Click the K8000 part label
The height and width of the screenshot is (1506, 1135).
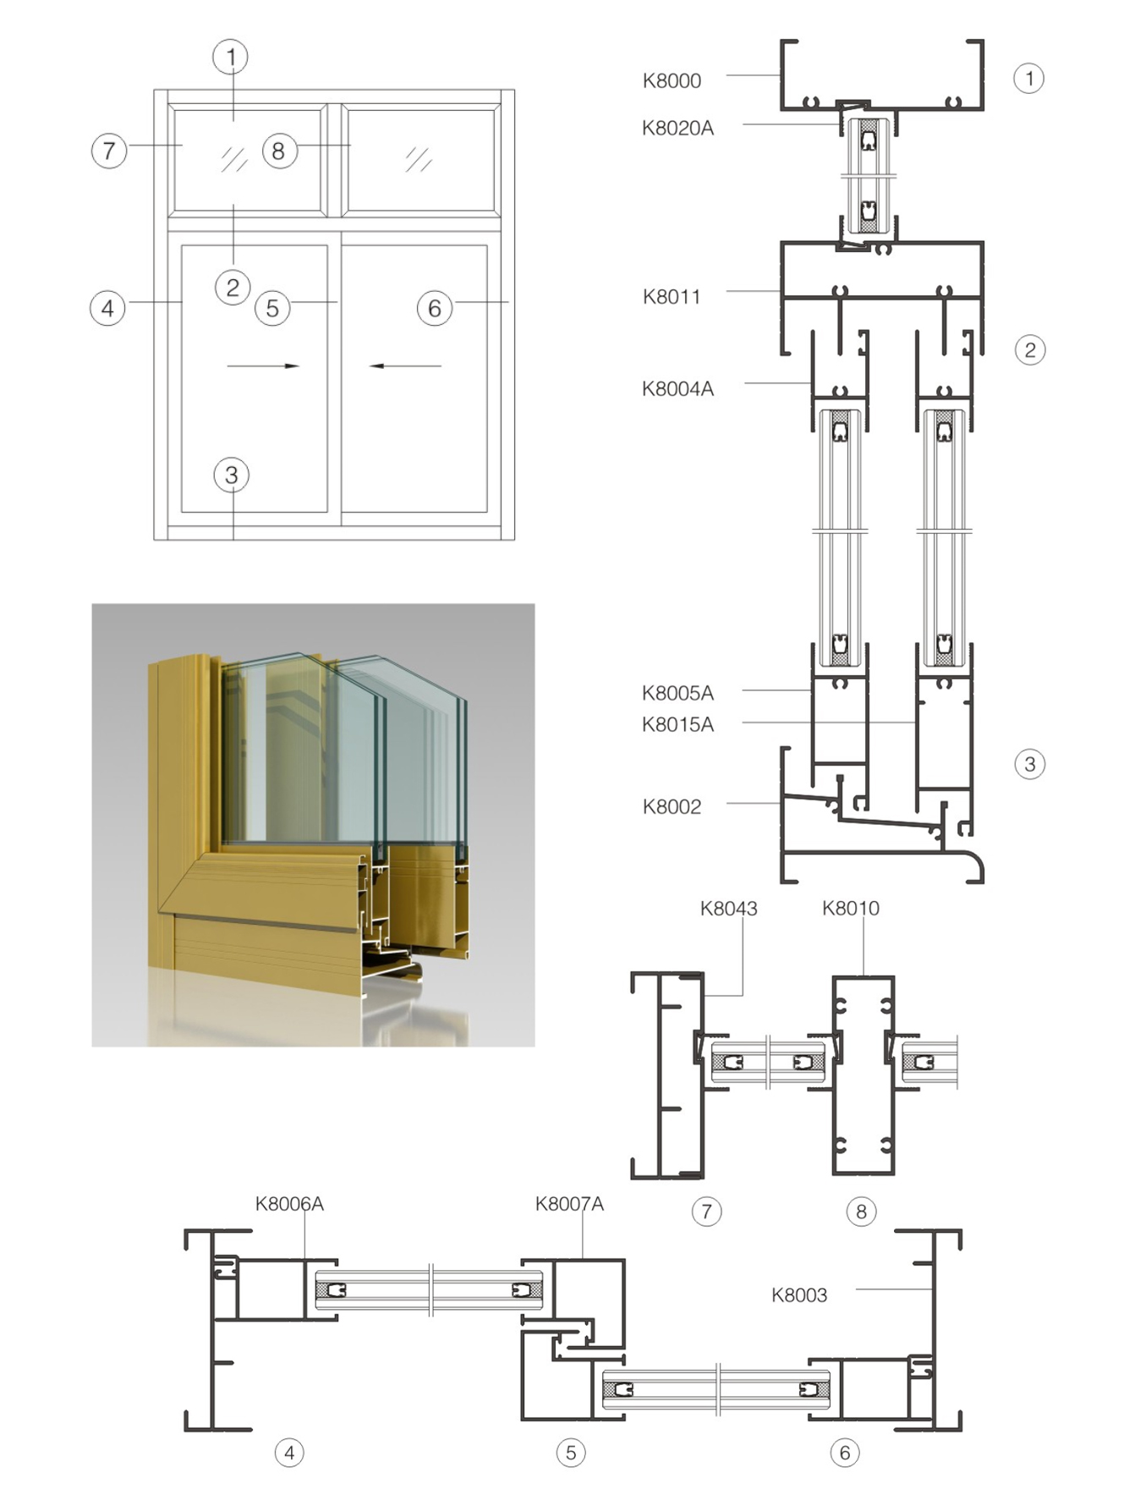pyautogui.click(x=672, y=80)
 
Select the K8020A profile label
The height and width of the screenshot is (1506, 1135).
pyautogui.click(x=677, y=128)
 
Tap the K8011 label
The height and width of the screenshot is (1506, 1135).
pyautogui.click(x=672, y=296)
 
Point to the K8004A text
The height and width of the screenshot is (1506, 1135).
pyautogui.click(x=677, y=388)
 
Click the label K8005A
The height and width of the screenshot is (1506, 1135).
pyautogui.click(x=677, y=693)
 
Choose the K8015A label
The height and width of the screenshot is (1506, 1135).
pyautogui.click(x=677, y=724)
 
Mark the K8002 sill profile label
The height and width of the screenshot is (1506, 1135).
pyautogui.click(x=672, y=806)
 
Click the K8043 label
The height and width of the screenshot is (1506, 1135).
pyautogui.click(x=728, y=908)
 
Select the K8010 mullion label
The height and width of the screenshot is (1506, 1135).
pyautogui.click(x=851, y=908)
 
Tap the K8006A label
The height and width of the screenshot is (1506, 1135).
pyautogui.click(x=289, y=1203)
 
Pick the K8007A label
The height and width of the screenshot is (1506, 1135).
pyautogui.click(x=569, y=1203)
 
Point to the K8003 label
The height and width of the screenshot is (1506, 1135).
pyautogui.click(x=799, y=1294)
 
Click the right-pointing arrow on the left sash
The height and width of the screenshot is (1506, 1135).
pyautogui.click(x=263, y=366)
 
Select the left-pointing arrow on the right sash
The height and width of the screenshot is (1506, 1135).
pyautogui.click(x=405, y=366)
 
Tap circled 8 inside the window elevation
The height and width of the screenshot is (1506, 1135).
pyautogui.click(x=279, y=151)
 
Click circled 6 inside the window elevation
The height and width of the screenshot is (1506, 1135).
pyautogui.click(x=435, y=308)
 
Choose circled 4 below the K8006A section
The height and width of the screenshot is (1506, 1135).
pyautogui.click(x=289, y=1453)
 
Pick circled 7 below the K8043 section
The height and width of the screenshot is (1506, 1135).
pyautogui.click(x=707, y=1212)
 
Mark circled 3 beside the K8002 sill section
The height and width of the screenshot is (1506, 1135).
pyautogui.click(x=1030, y=764)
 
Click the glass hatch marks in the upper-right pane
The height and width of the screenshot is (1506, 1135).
pyautogui.click(x=419, y=158)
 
